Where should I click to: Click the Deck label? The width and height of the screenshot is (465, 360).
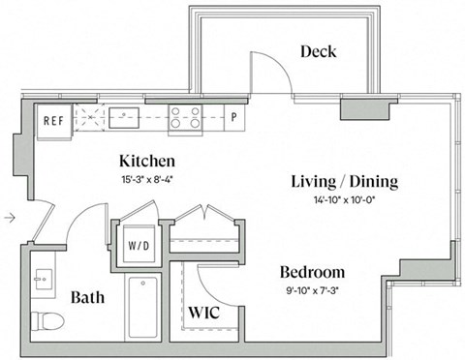(x=319, y=52)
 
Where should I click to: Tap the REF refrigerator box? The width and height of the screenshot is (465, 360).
(x=53, y=121)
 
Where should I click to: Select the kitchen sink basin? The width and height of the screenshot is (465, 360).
(x=124, y=118)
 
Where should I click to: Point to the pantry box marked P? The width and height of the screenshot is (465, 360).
(x=234, y=117)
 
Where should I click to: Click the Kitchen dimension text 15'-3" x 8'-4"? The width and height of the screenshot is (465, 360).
(x=147, y=180)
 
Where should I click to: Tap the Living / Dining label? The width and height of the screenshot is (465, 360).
(x=345, y=182)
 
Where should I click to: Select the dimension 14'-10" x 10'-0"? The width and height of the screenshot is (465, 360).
(x=344, y=200)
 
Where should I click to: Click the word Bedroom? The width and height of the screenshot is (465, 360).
(x=312, y=272)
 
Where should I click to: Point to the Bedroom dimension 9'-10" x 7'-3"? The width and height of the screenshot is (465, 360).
(x=312, y=291)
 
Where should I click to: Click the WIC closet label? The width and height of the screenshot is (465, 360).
(x=204, y=313)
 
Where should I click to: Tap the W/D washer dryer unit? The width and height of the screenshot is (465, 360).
(x=139, y=246)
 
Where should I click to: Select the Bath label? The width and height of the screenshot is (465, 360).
(x=87, y=297)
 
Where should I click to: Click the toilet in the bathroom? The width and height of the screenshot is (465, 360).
(x=47, y=320)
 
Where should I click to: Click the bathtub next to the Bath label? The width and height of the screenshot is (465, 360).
(x=142, y=308)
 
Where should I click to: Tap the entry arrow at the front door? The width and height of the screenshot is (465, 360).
(x=10, y=218)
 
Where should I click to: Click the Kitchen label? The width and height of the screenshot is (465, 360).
(x=147, y=162)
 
